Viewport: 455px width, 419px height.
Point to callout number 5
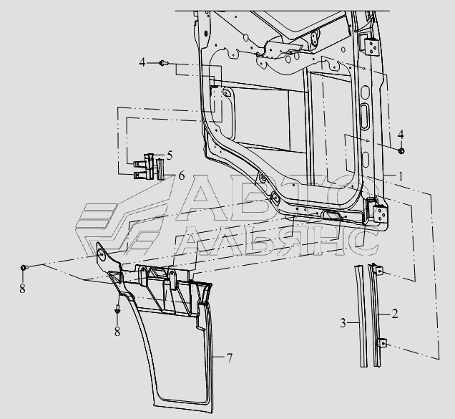(x=170, y=154)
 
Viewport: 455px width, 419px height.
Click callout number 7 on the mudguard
(x=230, y=357)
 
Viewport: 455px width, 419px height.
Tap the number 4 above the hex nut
(x=401, y=134)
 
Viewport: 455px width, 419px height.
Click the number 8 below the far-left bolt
(x=22, y=289)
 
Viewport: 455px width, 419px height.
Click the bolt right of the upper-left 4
(x=164, y=64)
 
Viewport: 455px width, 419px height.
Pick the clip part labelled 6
(x=148, y=173)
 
